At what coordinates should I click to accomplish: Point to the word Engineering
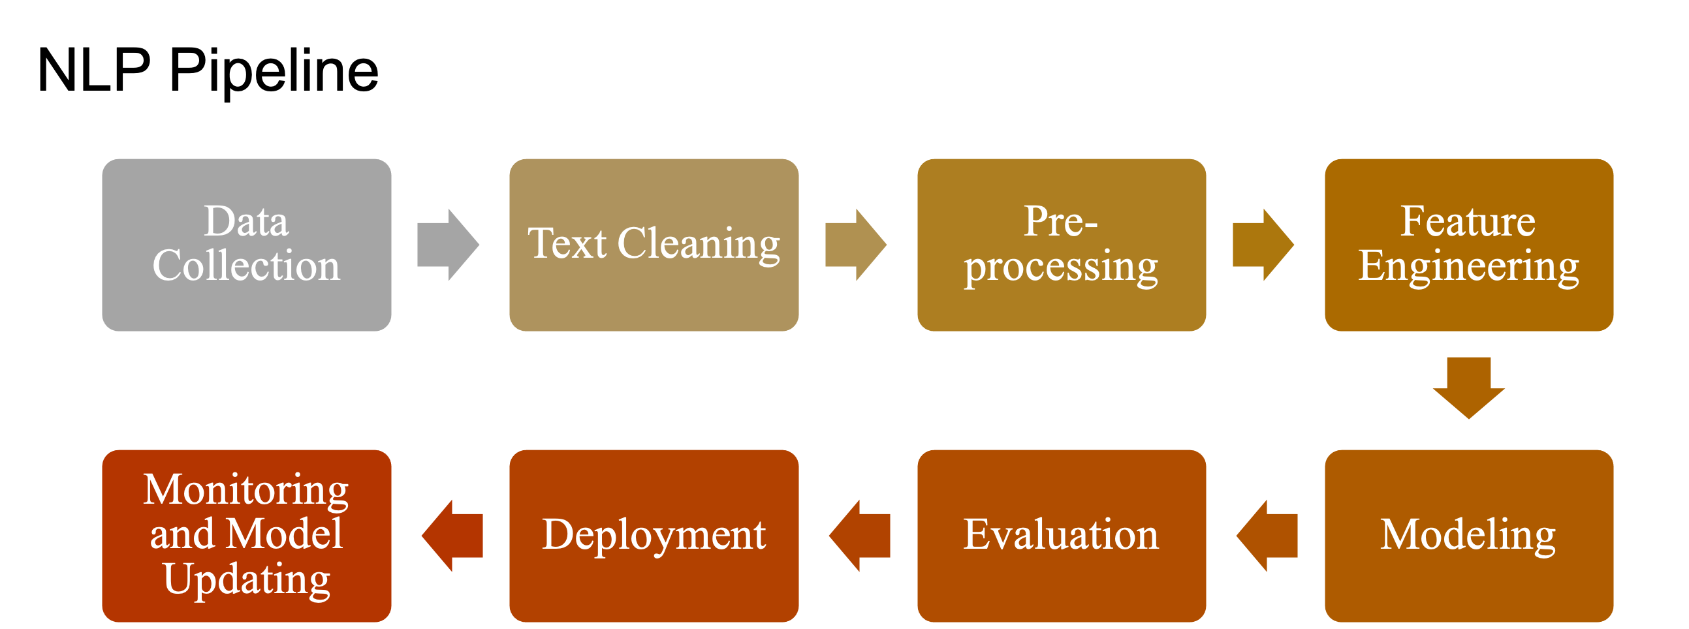click(x=1469, y=266)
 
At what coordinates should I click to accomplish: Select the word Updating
click(x=247, y=579)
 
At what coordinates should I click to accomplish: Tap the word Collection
click(x=247, y=266)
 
